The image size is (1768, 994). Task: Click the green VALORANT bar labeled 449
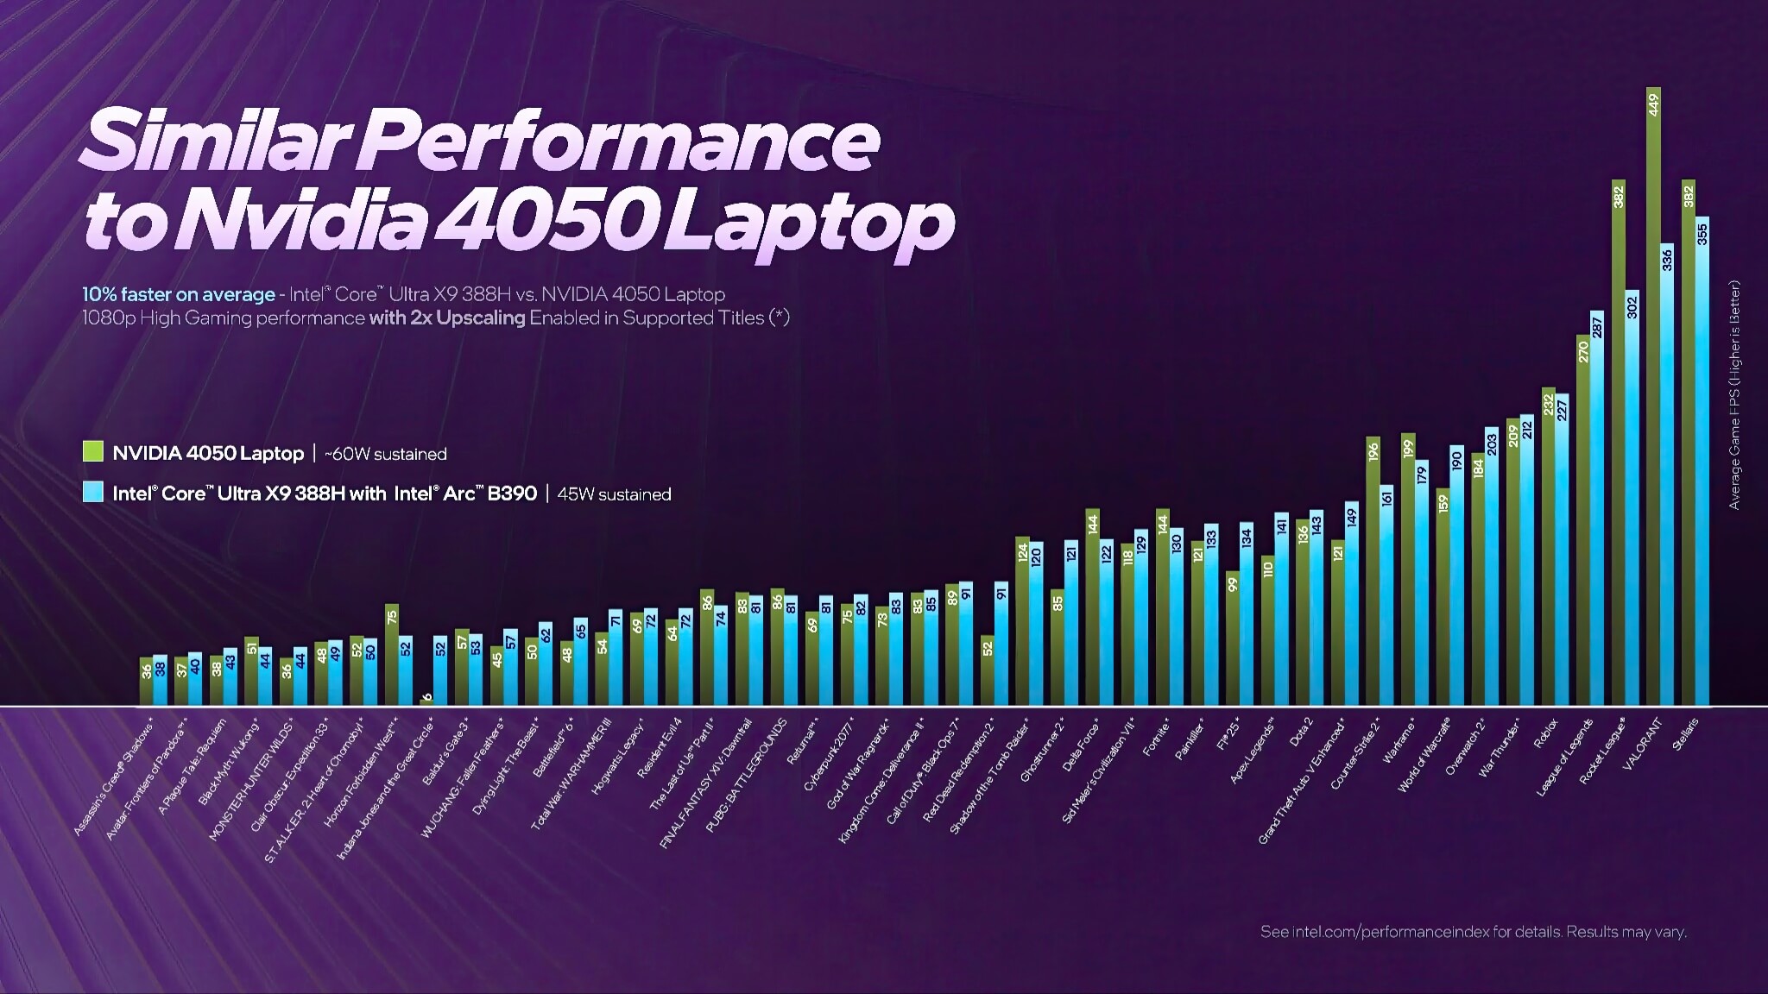1653,397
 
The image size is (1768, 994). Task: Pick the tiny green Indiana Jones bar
426,701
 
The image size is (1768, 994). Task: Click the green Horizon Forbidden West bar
391,656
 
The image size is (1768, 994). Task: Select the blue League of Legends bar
1597,509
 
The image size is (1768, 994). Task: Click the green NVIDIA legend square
92,451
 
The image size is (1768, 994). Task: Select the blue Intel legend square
92,492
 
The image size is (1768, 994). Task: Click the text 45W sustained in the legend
614,494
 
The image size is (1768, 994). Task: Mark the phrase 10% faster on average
178,294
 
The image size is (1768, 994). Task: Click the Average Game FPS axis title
1734,394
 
